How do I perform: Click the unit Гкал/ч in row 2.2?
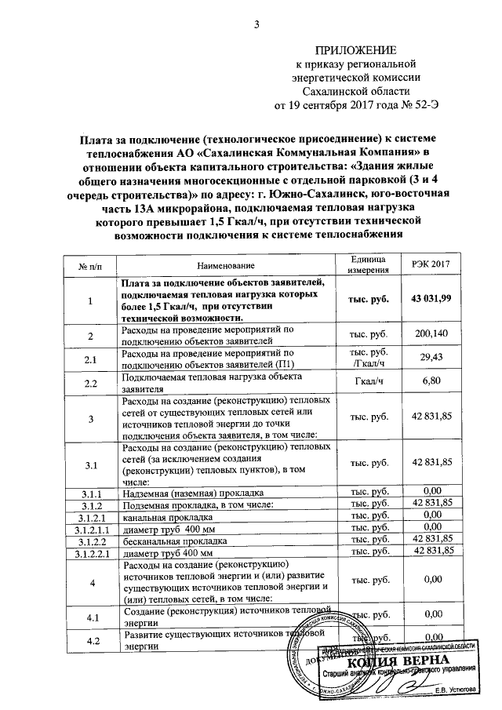369,381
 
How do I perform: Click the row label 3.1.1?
91,491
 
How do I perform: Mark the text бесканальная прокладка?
169,541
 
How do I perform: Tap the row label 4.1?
91,617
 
